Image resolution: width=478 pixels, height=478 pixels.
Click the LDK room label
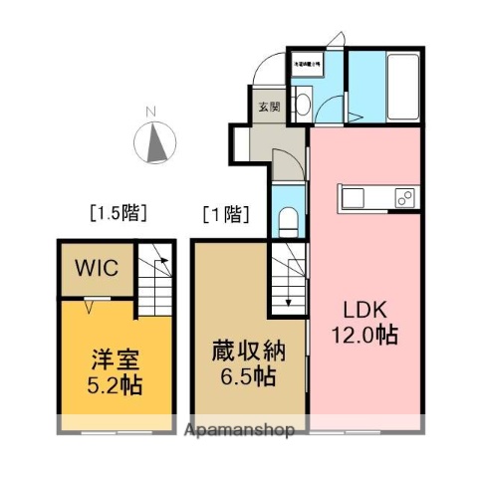click(364, 309)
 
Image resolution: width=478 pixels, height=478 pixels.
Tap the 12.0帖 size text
click(364, 335)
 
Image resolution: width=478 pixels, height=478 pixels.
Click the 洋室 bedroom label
click(98, 358)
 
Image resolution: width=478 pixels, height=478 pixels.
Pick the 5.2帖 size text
click(98, 383)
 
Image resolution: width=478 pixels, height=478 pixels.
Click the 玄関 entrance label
click(270, 108)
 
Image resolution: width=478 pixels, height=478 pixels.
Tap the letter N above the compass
click(150, 111)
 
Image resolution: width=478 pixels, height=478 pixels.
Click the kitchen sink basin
click(356, 197)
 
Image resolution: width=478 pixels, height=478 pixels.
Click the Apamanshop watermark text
click(239, 431)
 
